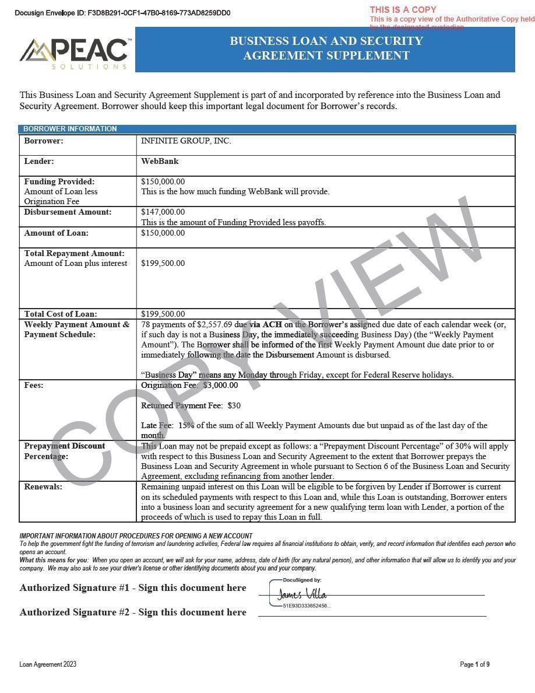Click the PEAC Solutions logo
(74, 53)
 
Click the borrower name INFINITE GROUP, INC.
(186, 141)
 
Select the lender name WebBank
(160, 161)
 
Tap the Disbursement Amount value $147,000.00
(163, 212)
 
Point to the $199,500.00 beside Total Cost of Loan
(163, 314)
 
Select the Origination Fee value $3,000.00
(220, 385)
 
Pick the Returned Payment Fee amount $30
(234, 405)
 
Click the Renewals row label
(43, 487)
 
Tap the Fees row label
(34, 385)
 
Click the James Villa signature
(301, 594)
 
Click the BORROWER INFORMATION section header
(70, 129)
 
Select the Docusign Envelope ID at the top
(122, 13)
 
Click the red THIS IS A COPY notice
(403, 9)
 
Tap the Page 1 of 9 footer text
(474, 664)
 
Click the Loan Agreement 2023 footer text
(48, 664)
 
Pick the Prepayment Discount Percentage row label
(65, 451)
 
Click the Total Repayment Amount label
(74, 253)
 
